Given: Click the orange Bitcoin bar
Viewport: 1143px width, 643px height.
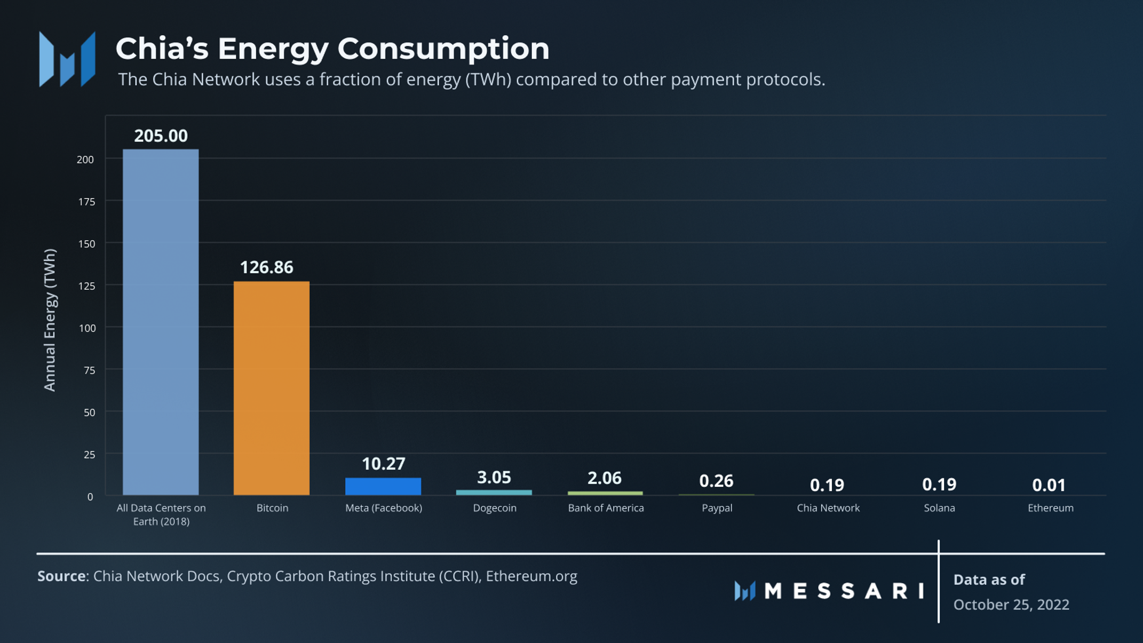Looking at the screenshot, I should [x=271, y=388].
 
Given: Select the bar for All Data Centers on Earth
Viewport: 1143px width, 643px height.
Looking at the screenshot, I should [x=161, y=322].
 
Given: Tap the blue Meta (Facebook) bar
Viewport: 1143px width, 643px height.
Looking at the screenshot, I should [x=383, y=486].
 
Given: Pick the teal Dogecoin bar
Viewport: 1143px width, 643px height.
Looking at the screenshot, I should [x=494, y=492].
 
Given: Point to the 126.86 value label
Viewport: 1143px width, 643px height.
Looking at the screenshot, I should [x=266, y=267].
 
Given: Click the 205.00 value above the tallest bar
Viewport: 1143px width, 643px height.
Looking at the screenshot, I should [x=161, y=136].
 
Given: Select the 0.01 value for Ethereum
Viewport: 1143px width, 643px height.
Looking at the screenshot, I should [x=1049, y=485].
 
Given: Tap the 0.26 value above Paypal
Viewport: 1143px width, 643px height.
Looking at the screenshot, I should [x=716, y=481].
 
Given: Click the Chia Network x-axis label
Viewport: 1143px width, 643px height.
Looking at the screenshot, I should [x=828, y=508].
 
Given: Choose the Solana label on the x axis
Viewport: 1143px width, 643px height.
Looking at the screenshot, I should [x=939, y=508].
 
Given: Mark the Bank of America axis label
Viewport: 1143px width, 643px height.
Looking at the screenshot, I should [x=606, y=508].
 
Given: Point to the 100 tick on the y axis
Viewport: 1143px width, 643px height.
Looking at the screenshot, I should [x=88, y=328].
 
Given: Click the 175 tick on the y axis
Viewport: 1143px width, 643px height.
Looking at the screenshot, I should [x=86, y=202].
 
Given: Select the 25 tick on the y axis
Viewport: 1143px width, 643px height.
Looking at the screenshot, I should [x=89, y=455].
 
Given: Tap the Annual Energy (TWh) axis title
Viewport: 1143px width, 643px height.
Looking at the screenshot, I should [x=50, y=320].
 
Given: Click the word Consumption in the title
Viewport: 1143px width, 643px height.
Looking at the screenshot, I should [x=443, y=49].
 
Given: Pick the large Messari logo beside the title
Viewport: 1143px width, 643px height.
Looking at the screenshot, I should [x=67, y=59].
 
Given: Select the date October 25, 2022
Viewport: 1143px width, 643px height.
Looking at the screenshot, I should [x=1011, y=605].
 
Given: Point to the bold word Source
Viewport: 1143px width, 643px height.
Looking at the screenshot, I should [x=61, y=576].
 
